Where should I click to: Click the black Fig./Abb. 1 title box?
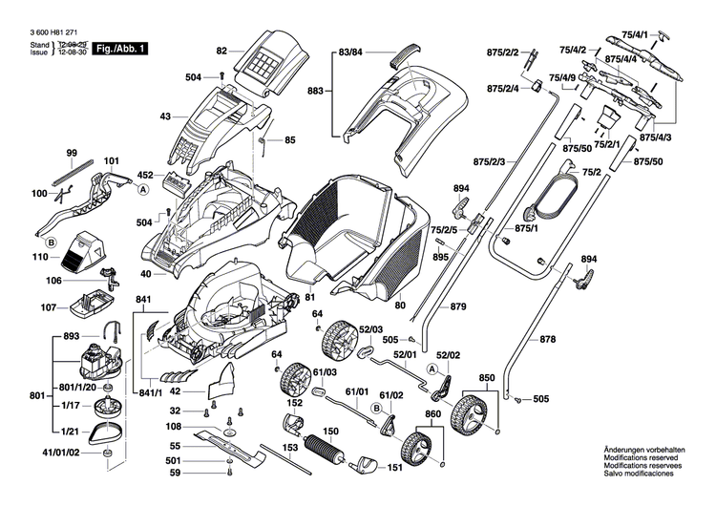(120, 49)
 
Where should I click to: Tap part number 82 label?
(221, 52)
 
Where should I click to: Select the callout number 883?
(315, 91)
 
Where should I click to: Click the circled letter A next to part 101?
(143, 190)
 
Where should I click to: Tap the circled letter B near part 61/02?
(376, 408)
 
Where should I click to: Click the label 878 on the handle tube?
(548, 339)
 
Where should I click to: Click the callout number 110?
(40, 257)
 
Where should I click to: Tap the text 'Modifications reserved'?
(642, 457)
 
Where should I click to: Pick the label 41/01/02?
(60, 453)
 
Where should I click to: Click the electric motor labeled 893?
(99, 359)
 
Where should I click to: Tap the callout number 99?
(72, 153)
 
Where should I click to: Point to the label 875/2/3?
(489, 161)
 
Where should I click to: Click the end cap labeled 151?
(364, 464)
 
